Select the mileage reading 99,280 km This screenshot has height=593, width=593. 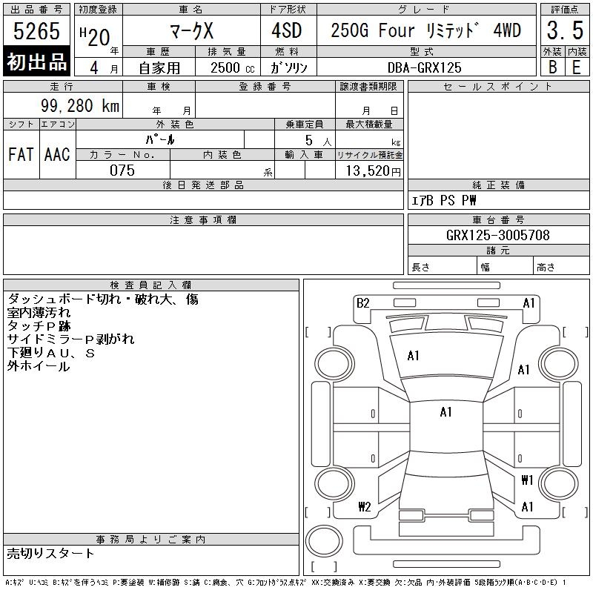coord(81,106)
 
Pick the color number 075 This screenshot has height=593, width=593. coord(122,170)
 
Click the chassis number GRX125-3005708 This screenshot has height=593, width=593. coord(498,235)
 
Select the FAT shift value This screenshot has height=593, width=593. coord(21,155)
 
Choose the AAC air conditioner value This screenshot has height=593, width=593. coord(57,155)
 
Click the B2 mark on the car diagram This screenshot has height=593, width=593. coord(362,302)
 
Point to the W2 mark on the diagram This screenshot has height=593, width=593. coord(364,507)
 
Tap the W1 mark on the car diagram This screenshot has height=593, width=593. coord(527,480)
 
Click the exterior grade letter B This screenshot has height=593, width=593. coord(553,67)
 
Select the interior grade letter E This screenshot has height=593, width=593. coord(576,67)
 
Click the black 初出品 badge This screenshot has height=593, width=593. coord(37,62)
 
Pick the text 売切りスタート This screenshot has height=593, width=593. coord(50,553)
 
